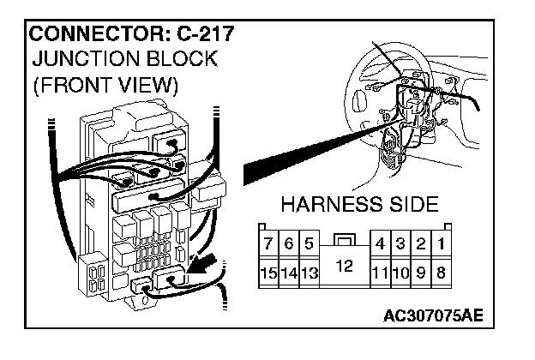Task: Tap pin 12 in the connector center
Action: (344, 267)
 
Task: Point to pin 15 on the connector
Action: (268, 273)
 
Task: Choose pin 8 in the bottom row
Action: (440, 273)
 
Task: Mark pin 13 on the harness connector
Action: (309, 273)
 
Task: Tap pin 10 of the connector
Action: (400, 273)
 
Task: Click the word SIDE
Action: (409, 206)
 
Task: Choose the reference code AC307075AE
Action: (434, 315)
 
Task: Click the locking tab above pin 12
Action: (344, 240)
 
